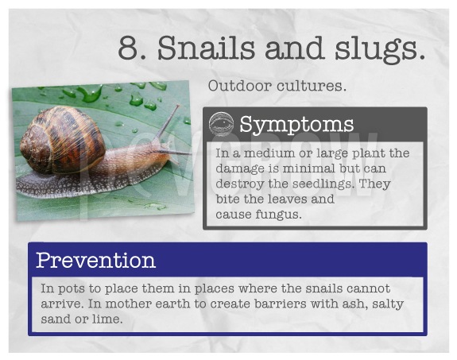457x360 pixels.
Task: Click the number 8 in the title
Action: (x=129, y=48)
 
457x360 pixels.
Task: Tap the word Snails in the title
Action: (x=207, y=48)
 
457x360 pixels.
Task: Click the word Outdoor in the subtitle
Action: (x=239, y=86)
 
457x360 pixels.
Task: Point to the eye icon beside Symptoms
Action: (x=221, y=125)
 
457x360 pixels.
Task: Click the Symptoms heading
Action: (x=296, y=125)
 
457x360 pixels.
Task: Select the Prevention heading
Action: (x=95, y=260)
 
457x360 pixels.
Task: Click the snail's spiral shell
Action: (x=62, y=139)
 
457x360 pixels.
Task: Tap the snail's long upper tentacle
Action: (x=168, y=122)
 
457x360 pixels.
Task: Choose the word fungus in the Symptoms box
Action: (x=279, y=215)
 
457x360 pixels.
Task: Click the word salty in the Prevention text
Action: (x=388, y=304)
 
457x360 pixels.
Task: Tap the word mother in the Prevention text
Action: (x=128, y=304)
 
